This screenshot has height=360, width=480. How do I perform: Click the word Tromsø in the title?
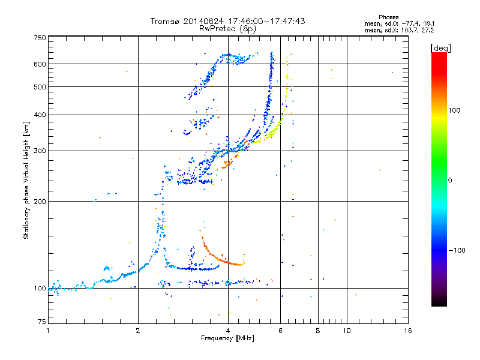point(165,21)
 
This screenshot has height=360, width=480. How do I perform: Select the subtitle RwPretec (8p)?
point(228,28)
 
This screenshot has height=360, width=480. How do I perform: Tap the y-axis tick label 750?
point(40,38)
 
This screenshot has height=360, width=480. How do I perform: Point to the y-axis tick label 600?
point(40,64)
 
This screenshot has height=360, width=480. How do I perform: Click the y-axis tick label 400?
point(40,115)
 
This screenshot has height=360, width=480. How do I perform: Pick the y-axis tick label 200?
point(40,201)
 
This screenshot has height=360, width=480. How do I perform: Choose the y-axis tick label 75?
point(41,323)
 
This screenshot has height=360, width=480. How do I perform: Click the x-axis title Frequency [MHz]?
point(228,339)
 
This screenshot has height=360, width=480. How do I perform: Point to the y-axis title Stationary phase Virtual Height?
point(26,180)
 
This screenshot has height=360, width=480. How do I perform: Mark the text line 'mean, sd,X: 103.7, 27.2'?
point(399,29)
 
